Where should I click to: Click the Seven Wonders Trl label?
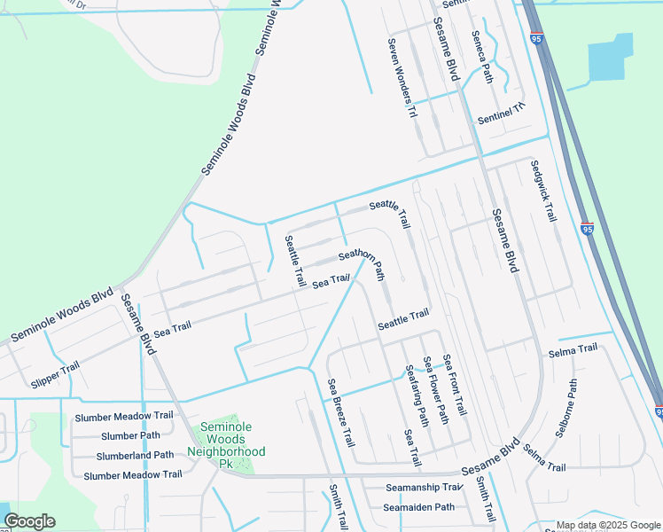(x=401, y=79)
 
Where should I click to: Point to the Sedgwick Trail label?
(x=543, y=190)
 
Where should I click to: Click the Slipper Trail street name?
(x=55, y=374)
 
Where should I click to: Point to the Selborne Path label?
(x=567, y=407)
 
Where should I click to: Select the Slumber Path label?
(x=131, y=435)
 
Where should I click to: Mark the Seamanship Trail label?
(x=424, y=488)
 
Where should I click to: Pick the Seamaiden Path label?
(x=418, y=507)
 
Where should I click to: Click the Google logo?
(x=29, y=521)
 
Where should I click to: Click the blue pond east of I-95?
(x=611, y=58)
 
